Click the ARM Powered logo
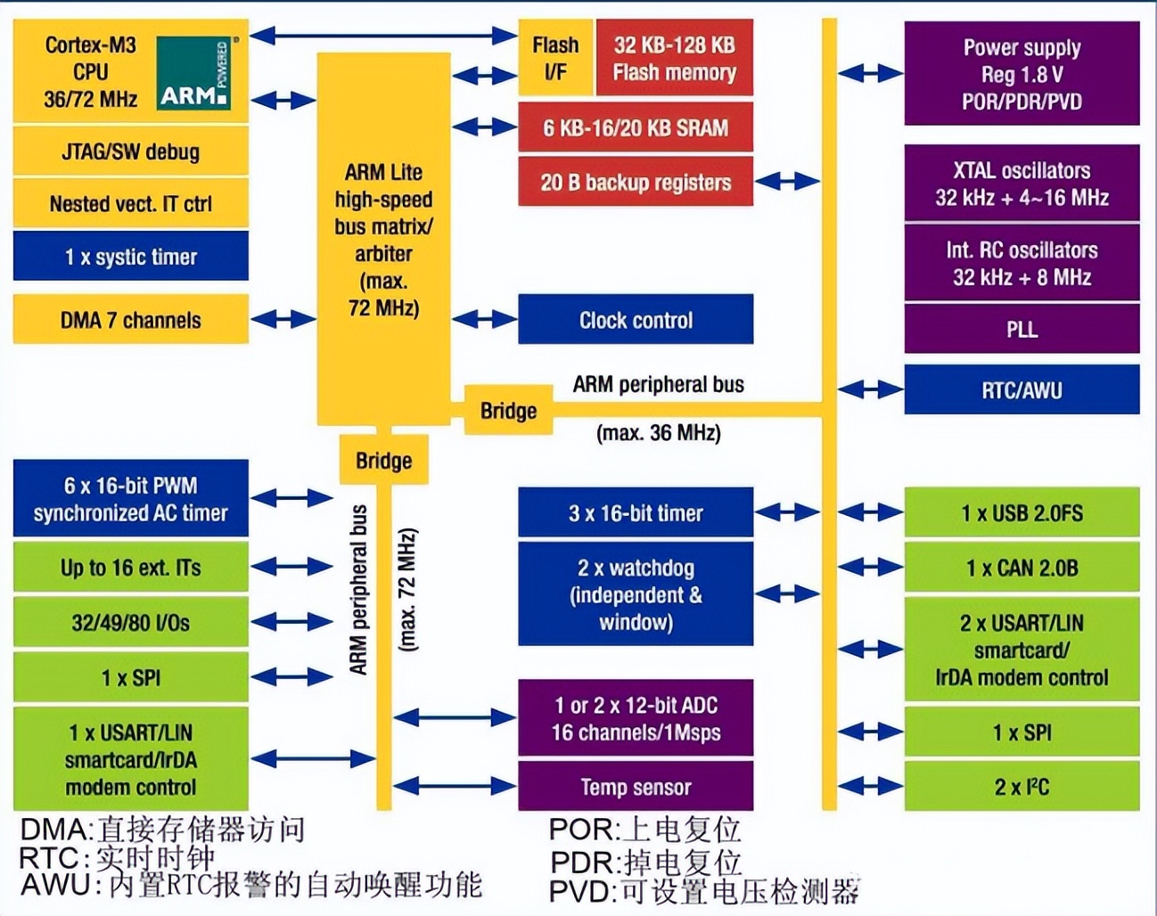point(194,73)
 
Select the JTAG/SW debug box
point(130,151)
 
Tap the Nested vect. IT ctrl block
point(130,204)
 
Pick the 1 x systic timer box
point(130,257)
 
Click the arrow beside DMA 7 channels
point(283,319)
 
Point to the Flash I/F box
point(555,58)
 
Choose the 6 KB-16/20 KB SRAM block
point(636,127)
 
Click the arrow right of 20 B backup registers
point(786,182)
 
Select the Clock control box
point(636,320)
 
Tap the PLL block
point(1022,329)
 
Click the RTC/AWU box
point(1022,389)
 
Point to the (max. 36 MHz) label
point(658,434)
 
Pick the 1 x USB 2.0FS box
point(1022,513)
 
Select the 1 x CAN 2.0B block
point(1022,568)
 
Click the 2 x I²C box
point(1022,787)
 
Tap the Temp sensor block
point(636,787)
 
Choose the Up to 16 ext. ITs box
point(130,568)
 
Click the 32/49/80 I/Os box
point(130,623)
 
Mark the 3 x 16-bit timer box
point(636,513)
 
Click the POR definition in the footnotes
point(644,830)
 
